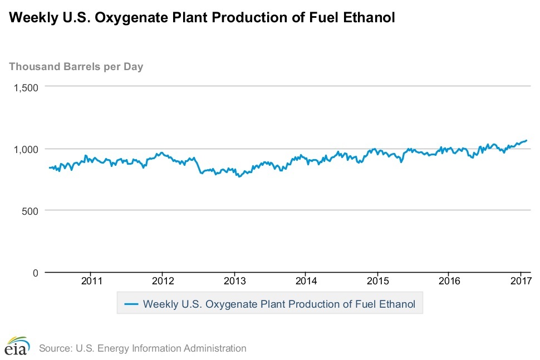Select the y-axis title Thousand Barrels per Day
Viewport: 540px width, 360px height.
coord(76,67)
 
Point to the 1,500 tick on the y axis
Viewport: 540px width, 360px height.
coord(26,87)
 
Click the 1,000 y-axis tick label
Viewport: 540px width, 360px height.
coord(26,149)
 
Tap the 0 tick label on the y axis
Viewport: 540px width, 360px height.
coord(35,273)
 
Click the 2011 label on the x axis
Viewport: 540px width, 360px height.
coord(91,281)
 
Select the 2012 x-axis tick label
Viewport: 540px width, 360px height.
coord(162,281)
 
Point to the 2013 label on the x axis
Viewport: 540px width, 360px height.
coord(234,281)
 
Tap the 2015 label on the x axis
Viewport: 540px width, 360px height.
coord(377,281)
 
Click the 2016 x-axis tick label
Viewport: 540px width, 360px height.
coord(449,281)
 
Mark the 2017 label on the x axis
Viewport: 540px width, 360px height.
coord(520,281)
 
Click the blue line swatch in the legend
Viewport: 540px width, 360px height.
coord(131,304)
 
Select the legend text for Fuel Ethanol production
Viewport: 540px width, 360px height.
coord(279,304)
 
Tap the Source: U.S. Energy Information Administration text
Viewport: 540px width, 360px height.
coord(143,348)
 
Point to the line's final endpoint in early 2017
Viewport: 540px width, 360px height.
coord(526,140)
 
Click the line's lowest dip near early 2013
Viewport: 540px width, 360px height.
coord(239,176)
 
